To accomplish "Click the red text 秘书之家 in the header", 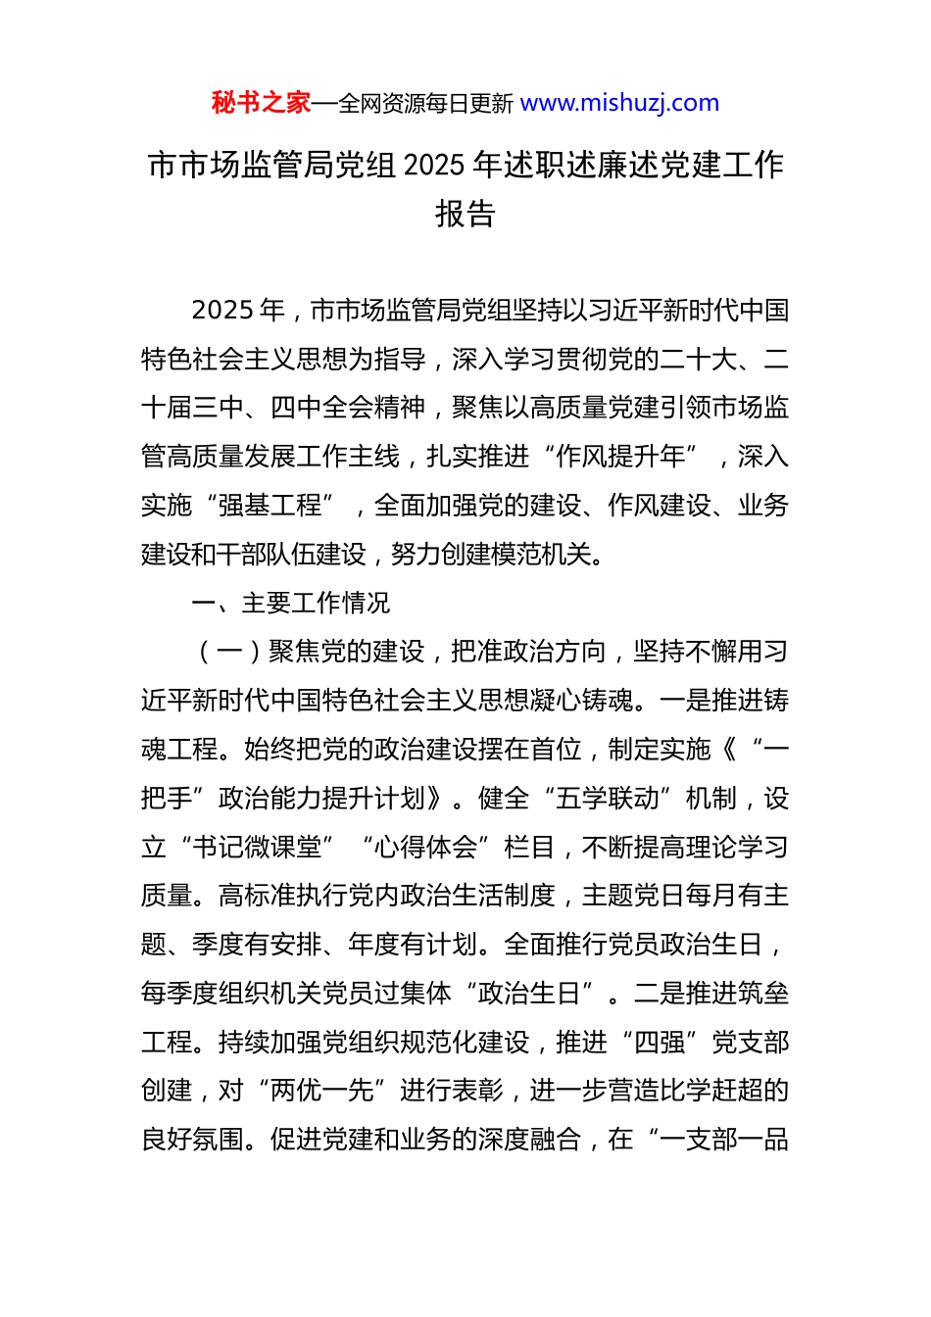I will point(261,103).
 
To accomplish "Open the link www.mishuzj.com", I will point(619,103).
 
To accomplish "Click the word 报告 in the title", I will point(465,214).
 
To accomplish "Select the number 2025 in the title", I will point(434,166).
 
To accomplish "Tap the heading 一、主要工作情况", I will point(291,603).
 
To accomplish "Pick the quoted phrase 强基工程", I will point(269,506).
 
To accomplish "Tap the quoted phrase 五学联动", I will point(607,799).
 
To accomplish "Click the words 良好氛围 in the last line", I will point(193,1140).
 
